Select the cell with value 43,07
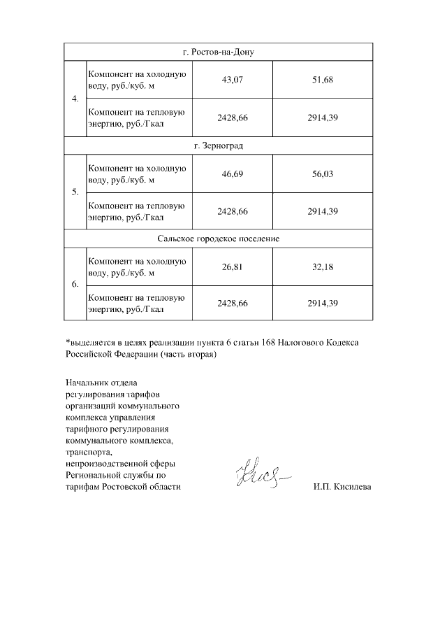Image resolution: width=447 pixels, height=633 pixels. point(231,80)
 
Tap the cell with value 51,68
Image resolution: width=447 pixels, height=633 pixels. point(323,80)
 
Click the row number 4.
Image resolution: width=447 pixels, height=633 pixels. point(75,99)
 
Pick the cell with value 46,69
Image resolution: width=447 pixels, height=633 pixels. point(231,173)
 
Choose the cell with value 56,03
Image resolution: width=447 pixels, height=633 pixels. point(323,173)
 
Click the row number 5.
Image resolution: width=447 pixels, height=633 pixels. point(75,192)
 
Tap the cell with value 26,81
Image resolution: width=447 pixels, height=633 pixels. point(231,266)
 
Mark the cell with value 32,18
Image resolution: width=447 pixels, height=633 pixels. point(323,266)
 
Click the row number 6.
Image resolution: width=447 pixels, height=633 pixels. point(75,285)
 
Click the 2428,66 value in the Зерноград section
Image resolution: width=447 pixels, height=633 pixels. point(231,211)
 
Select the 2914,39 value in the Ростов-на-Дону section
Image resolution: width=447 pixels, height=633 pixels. point(323,118)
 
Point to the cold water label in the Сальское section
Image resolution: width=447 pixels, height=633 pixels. point(136,266)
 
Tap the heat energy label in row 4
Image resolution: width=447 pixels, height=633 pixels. point(136,118)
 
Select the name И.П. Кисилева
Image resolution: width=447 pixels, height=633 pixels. point(342,488)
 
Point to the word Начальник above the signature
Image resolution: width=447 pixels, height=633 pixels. point(87,383)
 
